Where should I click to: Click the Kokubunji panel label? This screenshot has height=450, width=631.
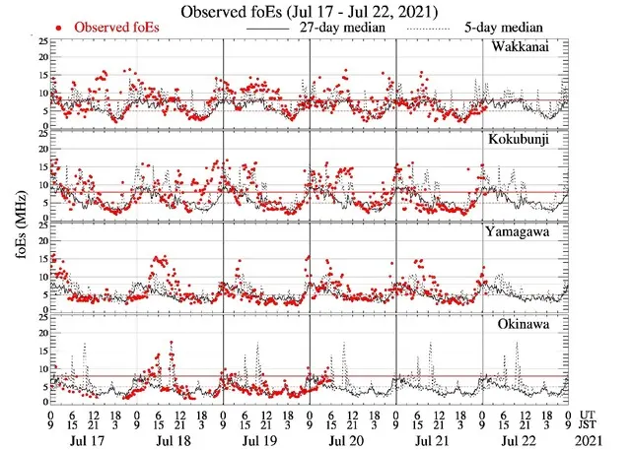533,141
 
